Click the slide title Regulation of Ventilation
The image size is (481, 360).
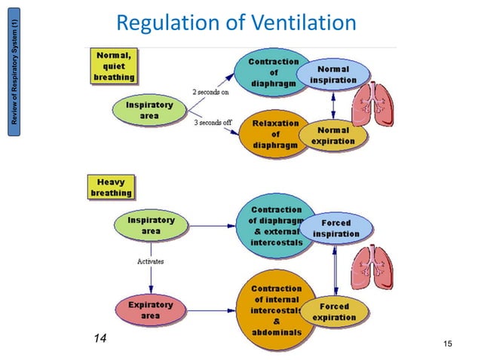236,23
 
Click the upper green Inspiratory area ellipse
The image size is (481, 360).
150,111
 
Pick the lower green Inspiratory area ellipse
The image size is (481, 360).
151,226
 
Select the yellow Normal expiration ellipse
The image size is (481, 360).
332,136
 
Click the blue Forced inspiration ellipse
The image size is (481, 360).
335,228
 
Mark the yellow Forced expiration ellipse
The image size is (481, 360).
334,312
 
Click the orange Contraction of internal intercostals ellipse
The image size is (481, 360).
275,310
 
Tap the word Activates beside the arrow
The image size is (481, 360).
150,261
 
